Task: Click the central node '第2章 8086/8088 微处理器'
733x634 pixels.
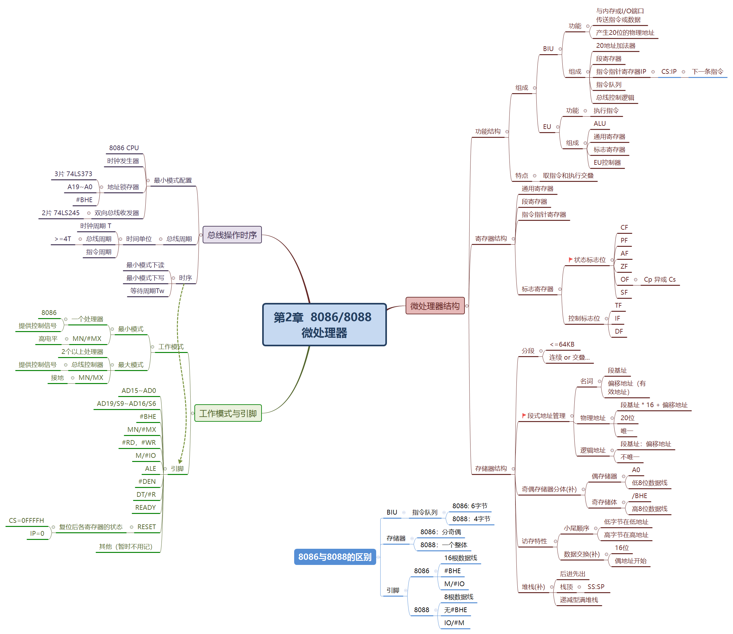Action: tap(324, 324)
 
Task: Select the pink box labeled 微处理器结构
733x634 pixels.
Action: tap(434, 306)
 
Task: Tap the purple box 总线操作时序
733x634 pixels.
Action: tap(232, 235)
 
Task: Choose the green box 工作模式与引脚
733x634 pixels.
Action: tap(228, 413)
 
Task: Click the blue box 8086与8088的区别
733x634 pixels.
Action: tap(334, 557)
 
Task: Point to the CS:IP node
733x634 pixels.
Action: tap(669, 72)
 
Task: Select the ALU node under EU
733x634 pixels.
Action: tap(600, 124)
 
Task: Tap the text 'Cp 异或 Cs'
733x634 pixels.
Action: tap(660, 279)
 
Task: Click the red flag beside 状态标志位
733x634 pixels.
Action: tap(570, 259)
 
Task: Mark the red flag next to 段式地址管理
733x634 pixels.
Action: tap(524, 415)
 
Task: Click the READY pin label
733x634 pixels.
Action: tap(145, 507)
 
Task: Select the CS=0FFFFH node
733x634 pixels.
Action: tap(27, 520)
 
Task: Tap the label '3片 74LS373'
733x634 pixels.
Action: tap(73, 174)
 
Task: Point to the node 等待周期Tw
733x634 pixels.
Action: tap(147, 291)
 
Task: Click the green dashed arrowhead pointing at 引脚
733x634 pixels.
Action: tap(180, 461)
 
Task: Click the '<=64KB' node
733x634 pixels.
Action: tap(562, 344)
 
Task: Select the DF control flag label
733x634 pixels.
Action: tap(619, 331)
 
